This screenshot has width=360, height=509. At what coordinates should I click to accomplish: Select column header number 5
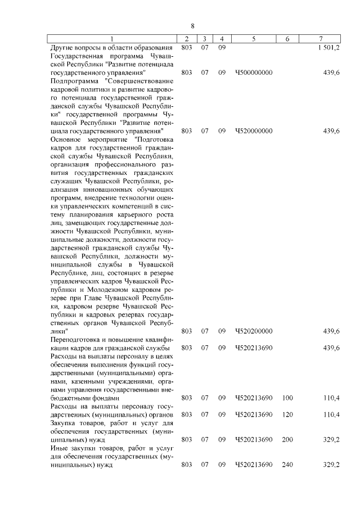click(254, 39)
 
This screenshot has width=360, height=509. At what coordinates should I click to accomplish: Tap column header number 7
click(321, 39)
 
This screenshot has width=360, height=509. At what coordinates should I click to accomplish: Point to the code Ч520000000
click(254, 130)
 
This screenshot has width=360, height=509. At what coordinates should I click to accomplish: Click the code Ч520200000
click(254, 331)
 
